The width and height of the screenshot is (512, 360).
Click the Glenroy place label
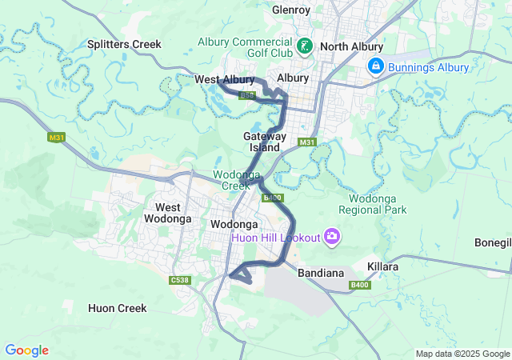click(x=291, y=10)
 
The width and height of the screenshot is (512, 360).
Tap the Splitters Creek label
click(x=124, y=44)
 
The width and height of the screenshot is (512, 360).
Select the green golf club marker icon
click(x=305, y=47)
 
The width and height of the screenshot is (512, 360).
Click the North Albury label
click(x=351, y=47)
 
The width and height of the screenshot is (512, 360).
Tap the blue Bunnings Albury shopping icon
click(x=374, y=66)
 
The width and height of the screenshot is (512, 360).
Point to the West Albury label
click(x=224, y=79)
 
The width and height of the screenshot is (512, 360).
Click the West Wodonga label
click(x=168, y=213)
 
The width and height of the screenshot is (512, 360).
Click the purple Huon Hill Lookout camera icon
click(x=332, y=237)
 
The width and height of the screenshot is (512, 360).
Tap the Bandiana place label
click(x=320, y=274)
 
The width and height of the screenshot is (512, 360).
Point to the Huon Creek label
click(x=118, y=308)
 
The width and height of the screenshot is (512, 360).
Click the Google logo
click(x=26, y=350)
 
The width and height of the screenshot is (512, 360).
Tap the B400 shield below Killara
click(x=360, y=285)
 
